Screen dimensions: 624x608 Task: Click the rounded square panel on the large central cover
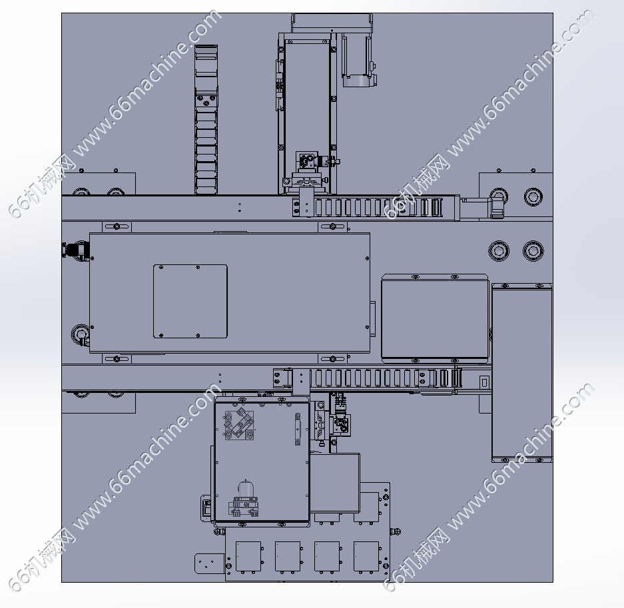pyautogui.click(x=190, y=301)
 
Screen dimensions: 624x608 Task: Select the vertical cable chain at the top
pyautogui.click(x=206, y=119)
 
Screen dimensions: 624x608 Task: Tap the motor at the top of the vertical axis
pyautogui.click(x=359, y=60)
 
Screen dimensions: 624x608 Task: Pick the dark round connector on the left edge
pyautogui.click(x=76, y=250)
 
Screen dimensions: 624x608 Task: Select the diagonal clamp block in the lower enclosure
pyautogui.click(x=240, y=425)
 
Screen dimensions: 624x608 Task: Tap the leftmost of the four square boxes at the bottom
pyautogui.click(x=248, y=556)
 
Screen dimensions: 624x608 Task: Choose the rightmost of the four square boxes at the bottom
pyautogui.click(x=366, y=556)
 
